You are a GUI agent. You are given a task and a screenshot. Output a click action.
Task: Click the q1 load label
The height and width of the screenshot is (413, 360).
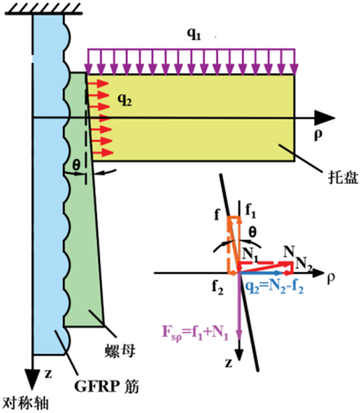click(x=194, y=34)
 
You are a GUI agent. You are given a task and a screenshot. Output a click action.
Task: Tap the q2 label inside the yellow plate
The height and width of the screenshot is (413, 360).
click(x=124, y=99)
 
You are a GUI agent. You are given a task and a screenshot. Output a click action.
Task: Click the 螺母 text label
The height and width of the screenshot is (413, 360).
click(x=120, y=351)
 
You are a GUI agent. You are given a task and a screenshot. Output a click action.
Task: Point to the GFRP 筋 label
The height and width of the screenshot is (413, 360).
click(x=106, y=387)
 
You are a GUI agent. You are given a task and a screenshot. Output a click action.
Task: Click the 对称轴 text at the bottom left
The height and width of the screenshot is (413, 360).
click(x=25, y=404)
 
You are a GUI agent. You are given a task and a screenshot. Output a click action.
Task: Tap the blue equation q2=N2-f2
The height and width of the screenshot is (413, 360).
click(x=275, y=287)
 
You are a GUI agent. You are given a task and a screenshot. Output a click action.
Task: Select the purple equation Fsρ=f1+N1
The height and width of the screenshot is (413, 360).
click(x=195, y=333)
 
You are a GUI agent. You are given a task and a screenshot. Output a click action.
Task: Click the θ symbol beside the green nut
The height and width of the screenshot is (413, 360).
click(x=76, y=166)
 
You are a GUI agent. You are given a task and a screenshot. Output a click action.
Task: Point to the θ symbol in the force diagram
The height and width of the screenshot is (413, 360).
click(x=252, y=232)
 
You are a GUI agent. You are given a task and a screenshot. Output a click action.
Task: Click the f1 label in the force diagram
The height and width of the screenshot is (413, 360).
click(x=250, y=211)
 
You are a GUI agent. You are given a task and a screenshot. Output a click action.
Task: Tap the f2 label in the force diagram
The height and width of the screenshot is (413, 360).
click(x=217, y=287)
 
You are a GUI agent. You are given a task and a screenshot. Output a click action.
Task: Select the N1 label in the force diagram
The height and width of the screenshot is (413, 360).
click(x=250, y=255)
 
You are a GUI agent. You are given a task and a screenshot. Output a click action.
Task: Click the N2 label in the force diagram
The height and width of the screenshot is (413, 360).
click(x=304, y=264)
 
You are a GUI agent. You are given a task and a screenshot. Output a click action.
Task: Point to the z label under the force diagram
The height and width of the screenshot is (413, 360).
click(x=229, y=363)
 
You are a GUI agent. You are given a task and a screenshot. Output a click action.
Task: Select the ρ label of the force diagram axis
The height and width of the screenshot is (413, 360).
click(x=331, y=278)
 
